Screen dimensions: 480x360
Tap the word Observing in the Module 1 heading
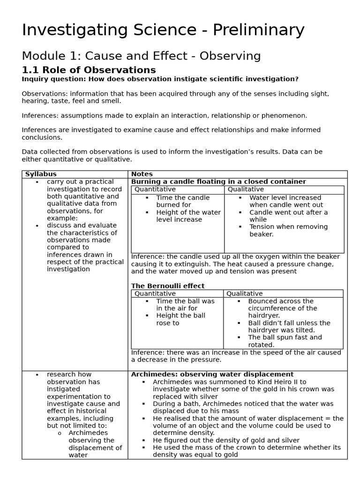click(230, 56)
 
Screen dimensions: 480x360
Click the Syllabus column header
click(40, 174)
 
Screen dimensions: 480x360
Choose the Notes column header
click(142, 174)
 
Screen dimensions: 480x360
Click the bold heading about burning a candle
click(218, 182)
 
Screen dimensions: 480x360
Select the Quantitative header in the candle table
click(155, 189)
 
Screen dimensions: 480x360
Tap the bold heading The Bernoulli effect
click(167, 286)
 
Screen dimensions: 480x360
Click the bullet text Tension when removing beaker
click(288, 231)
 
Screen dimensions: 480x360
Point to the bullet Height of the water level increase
click(188, 216)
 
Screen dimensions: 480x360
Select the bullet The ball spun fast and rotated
click(285, 341)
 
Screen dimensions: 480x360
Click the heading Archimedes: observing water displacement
click(212, 375)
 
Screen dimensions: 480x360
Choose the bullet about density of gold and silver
click(225, 440)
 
